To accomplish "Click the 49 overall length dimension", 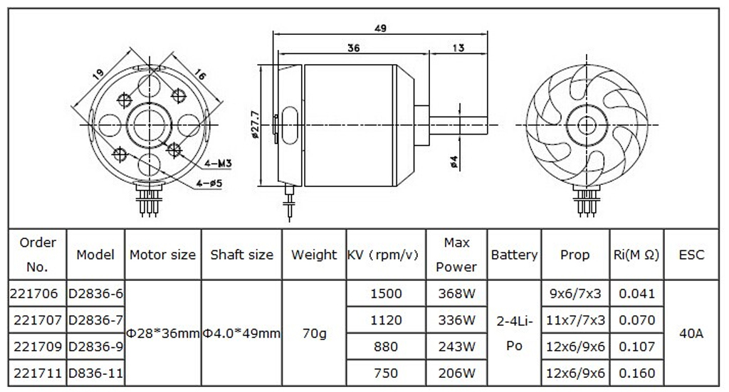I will click(x=380, y=28).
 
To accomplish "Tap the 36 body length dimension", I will click(x=354, y=48).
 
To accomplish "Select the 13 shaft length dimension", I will click(x=458, y=48).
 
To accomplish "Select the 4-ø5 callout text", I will click(x=211, y=184).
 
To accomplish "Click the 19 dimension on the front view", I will click(x=99, y=73).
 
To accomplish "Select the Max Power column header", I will click(x=456, y=255).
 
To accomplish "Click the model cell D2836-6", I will click(x=95, y=293).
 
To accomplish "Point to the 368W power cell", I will click(x=456, y=293).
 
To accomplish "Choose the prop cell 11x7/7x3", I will click(x=575, y=321).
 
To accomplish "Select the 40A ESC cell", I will click(x=691, y=333).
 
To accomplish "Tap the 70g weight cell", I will click(x=313, y=333).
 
